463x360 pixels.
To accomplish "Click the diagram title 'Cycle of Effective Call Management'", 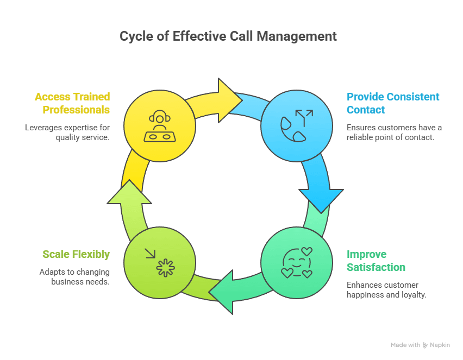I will (228, 36).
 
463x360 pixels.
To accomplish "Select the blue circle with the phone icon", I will (296, 127).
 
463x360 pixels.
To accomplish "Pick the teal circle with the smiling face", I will (296, 263).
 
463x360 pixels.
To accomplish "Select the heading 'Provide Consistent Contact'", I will (393, 103).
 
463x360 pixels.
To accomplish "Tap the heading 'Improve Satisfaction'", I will (376, 261).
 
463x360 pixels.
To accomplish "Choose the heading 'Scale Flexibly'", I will (76, 254).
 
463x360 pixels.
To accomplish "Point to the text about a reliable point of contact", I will (394, 132).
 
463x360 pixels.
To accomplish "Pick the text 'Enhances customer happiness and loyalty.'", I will (386, 290).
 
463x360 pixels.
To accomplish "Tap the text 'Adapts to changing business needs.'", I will (74, 276).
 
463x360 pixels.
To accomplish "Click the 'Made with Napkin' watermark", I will (420, 345).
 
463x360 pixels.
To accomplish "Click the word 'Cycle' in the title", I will (135, 36).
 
